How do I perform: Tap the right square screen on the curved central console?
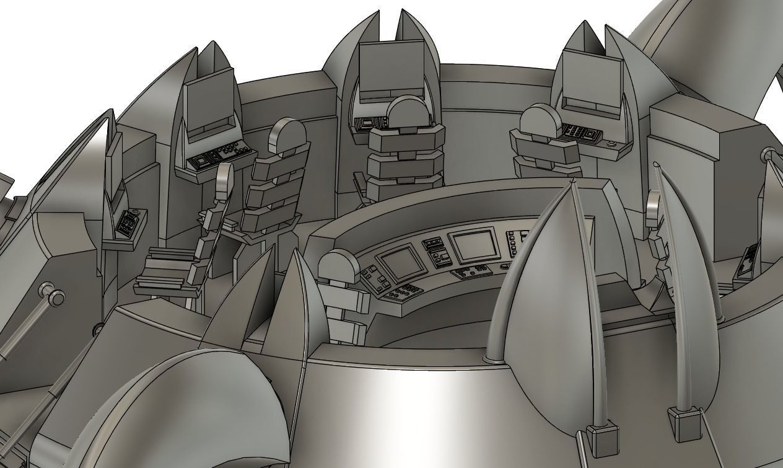pyautogui.click(x=474, y=245)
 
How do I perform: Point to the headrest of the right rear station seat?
pyautogui.click(x=538, y=119)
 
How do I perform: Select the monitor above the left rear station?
pyautogui.click(x=210, y=105)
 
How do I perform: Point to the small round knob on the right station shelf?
pyautogui.click(x=613, y=144)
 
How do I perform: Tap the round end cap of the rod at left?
pyautogui.click(x=57, y=299)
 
